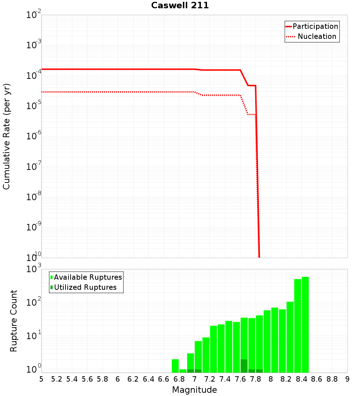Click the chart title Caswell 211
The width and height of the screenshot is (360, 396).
tap(180, 5)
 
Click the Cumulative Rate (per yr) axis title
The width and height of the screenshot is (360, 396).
tap(6, 136)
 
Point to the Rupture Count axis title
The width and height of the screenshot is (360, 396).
tap(14, 321)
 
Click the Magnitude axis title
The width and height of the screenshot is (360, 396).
tap(194, 390)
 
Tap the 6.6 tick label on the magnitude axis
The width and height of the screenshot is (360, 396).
tap(164, 379)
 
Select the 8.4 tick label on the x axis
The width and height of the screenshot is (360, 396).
tap(301, 379)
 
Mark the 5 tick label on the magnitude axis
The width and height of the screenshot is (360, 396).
tap(41, 379)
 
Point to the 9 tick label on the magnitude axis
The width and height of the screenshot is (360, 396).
tap(347, 379)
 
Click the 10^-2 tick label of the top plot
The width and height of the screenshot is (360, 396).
tap(34, 15)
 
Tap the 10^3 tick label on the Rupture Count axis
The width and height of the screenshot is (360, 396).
tap(34, 269)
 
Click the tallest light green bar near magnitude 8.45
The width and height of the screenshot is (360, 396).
tap(305, 324)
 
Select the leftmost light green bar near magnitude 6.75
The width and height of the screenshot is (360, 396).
tap(175, 365)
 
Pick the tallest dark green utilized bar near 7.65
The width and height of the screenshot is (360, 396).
tap(244, 365)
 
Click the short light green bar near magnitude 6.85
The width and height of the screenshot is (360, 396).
tap(183, 370)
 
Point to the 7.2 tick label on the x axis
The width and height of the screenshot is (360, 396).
tap(210, 379)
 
